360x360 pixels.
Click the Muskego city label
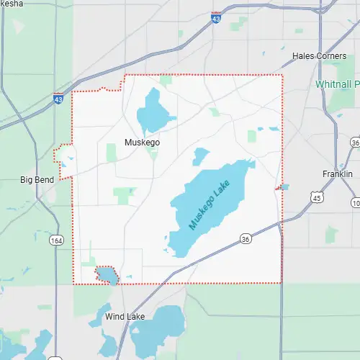point(142,143)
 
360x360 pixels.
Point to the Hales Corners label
point(319,55)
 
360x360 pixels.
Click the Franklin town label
point(337,174)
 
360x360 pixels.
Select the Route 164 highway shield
point(55,239)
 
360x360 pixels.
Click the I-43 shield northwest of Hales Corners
point(216,17)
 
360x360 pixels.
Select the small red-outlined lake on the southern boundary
point(107,275)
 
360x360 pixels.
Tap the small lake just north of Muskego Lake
point(200,156)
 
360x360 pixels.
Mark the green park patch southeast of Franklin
point(331,234)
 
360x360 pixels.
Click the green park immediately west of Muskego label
point(112,153)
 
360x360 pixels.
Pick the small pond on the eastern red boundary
point(284,186)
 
